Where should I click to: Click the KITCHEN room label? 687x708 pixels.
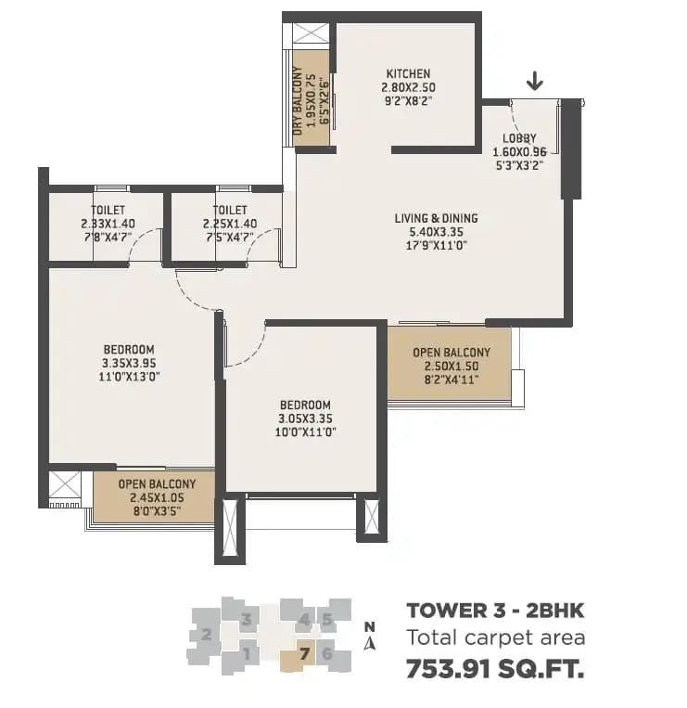tap(408, 74)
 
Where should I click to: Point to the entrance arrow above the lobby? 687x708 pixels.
tap(535, 84)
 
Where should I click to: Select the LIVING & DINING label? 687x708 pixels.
tap(436, 219)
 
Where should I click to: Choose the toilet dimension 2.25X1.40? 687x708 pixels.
tap(229, 224)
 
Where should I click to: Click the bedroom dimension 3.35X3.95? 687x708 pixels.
tap(129, 364)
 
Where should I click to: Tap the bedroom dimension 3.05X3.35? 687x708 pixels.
tap(305, 418)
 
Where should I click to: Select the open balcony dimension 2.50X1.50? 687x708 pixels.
tap(451, 366)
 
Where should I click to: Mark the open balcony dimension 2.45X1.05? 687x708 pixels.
tap(157, 497)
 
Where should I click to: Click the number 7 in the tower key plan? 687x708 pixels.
tap(304, 652)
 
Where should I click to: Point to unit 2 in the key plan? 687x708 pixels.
tap(206, 635)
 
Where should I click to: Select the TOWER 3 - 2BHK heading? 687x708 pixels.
tap(496, 611)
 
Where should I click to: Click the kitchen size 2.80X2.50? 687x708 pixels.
tap(408, 87)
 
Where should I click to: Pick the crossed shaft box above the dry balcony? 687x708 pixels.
tap(311, 33)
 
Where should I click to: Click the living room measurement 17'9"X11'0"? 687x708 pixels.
tap(436, 246)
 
